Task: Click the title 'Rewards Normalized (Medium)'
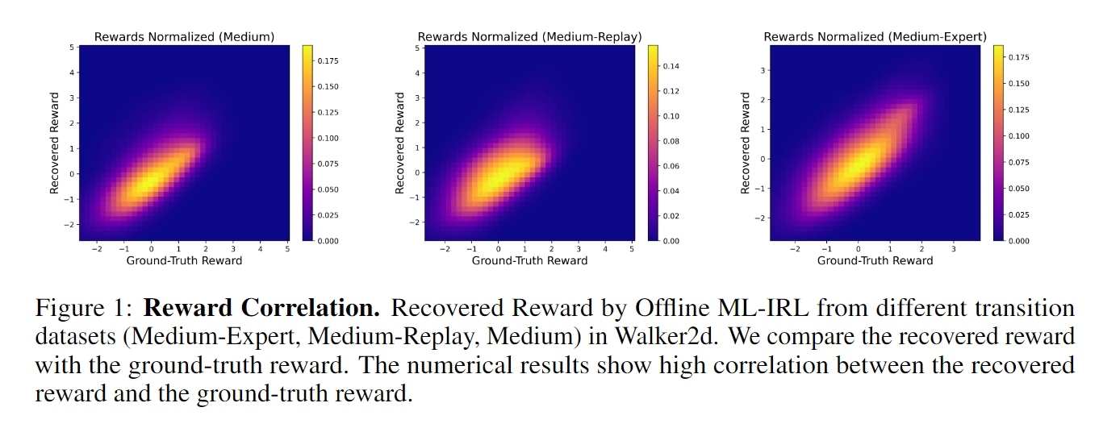pyautogui.click(x=184, y=36)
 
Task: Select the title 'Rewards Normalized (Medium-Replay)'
pyautogui.click(x=529, y=36)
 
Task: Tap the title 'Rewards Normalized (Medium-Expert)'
pyautogui.click(x=875, y=36)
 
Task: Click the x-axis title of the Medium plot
pyautogui.click(x=184, y=260)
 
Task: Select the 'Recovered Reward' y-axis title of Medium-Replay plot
pyautogui.click(x=400, y=143)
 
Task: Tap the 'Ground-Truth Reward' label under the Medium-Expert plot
pyautogui.click(x=875, y=260)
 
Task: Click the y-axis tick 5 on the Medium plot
pyautogui.click(x=73, y=47)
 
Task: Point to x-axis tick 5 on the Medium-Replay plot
pyautogui.click(x=632, y=249)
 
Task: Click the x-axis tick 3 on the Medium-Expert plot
pyautogui.click(x=954, y=249)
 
